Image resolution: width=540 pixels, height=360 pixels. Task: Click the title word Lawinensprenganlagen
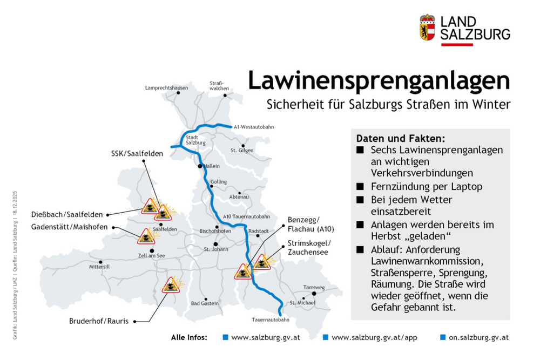click(x=378, y=80)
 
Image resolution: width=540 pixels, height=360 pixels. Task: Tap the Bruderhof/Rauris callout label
click(x=98, y=321)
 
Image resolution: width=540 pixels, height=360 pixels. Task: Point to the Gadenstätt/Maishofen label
click(x=69, y=226)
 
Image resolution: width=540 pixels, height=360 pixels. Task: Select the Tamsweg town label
click(x=313, y=287)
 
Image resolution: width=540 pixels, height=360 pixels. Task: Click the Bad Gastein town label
click(x=205, y=303)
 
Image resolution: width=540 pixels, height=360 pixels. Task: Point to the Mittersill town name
click(x=99, y=267)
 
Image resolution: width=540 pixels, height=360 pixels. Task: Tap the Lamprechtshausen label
click(x=167, y=87)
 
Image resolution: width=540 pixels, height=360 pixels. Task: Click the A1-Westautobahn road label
click(x=254, y=127)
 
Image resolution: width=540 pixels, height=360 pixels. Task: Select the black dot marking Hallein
click(x=200, y=166)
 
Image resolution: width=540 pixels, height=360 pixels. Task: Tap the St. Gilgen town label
click(x=241, y=150)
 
